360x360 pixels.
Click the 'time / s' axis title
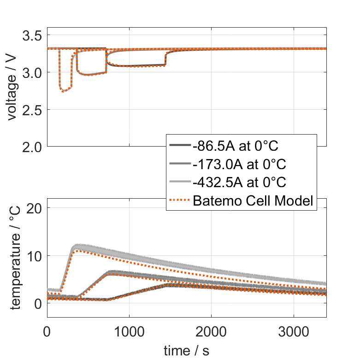tap(186, 351)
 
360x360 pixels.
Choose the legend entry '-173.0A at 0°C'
tap(240, 164)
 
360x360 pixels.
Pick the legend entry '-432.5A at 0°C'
tap(240, 182)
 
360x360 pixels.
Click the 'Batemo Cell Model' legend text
tap(253, 201)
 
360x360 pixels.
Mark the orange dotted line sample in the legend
tap(179, 201)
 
